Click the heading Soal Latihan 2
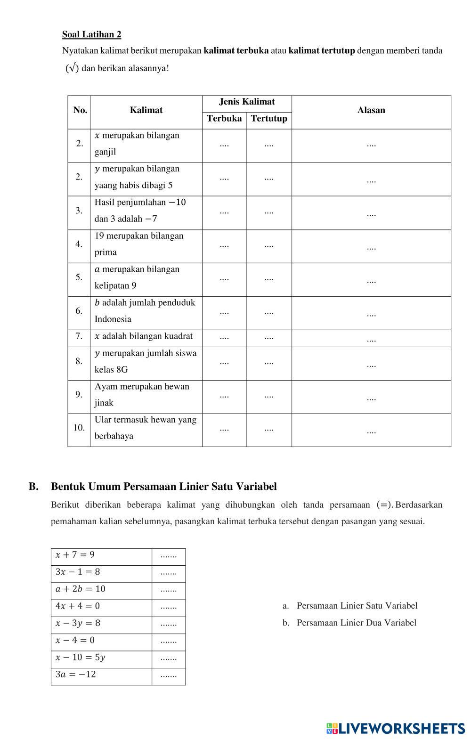tap(91, 34)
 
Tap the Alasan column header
tap(371, 110)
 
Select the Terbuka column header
tap(224, 119)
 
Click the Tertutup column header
tap(269, 119)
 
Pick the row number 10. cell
tap(79, 428)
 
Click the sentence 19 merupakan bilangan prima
tap(139, 244)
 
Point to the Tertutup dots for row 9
tap(269, 396)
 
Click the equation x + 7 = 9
tap(75, 555)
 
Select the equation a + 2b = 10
tap(80, 589)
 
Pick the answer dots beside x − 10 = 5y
tap(169, 658)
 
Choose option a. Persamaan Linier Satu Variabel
tap(350, 606)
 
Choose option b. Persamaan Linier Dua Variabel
tap(349, 623)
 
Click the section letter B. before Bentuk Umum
tap(33, 487)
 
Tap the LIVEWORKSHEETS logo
tap(395, 728)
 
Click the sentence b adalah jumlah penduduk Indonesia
tap(145, 311)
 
